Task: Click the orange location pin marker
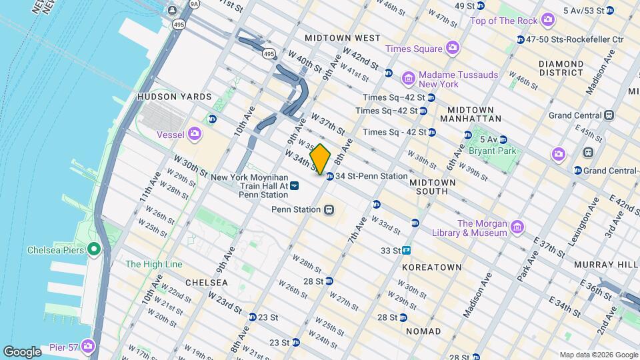click(321, 159)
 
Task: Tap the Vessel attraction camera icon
click(195, 134)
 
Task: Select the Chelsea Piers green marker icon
click(94, 250)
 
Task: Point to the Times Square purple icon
click(453, 49)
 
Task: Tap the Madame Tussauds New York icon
click(409, 79)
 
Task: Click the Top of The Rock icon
click(548, 21)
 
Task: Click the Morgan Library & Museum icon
click(517, 229)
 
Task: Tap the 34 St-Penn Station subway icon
click(330, 176)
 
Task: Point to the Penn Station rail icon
click(329, 209)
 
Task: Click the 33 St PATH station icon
click(406, 251)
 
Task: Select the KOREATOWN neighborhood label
click(432, 267)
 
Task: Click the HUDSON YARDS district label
click(174, 97)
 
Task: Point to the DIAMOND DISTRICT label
click(561, 69)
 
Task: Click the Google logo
click(22, 351)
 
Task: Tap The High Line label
click(153, 264)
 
